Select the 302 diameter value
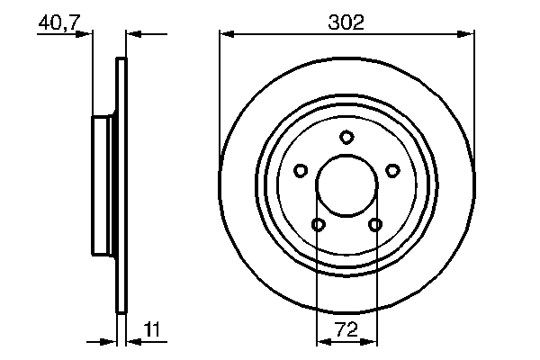[x=347, y=22]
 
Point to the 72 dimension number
[x=347, y=330]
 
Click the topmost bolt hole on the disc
[x=346, y=137]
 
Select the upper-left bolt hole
[x=301, y=169]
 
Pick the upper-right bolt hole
[x=392, y=169]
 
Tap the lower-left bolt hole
[x=319, y=224]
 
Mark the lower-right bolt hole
[x=375, y=224]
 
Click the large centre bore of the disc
[x=346, y=185]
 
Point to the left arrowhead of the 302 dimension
[x=226, y=34]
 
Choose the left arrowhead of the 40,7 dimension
[x=87, y=34]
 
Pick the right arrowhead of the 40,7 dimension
[x=131, y=34]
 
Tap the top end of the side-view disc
[x=121, y=61]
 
